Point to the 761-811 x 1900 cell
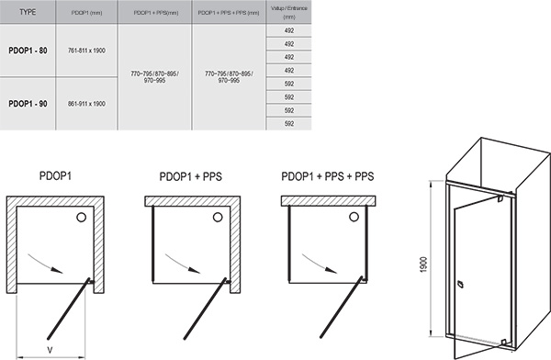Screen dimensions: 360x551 click(86, 51)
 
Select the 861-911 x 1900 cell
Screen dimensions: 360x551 click(86, 103)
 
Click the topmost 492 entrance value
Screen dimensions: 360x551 click(287, 30)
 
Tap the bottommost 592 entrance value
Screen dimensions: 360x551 click(287, 123)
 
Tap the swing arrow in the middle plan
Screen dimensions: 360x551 click(188, 264)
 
